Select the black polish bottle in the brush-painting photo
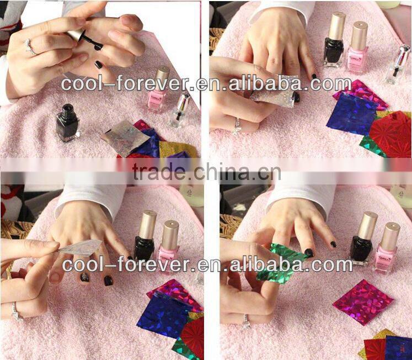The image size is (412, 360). (x=67, y=123)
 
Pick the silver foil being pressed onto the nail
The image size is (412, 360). (x=273, y=90)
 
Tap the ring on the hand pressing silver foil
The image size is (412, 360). (x=237, y=126)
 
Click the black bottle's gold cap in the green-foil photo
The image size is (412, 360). (x=368, y=224)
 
